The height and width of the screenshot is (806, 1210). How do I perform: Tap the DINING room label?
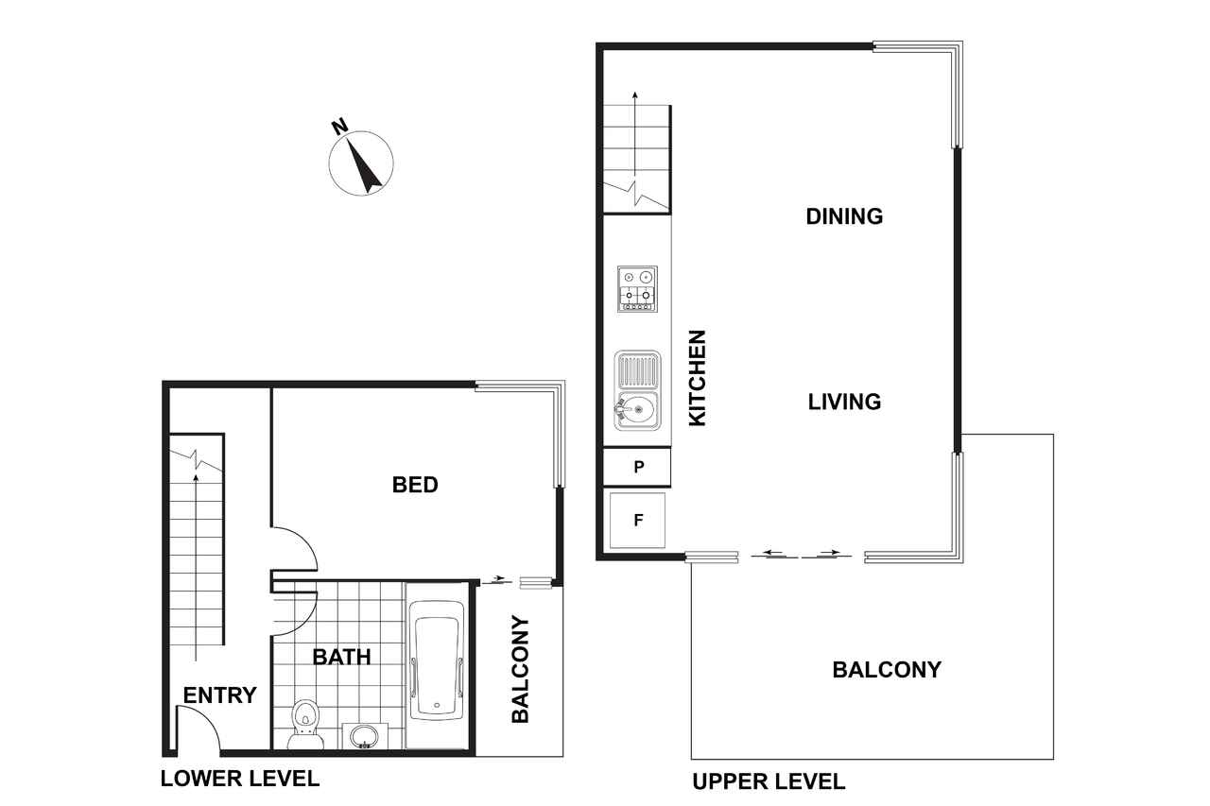[844, 216]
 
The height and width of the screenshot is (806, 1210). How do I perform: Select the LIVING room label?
[844, 402]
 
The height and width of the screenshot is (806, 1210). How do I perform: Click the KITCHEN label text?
[698, 378]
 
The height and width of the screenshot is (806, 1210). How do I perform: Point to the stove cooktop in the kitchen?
[637, 289]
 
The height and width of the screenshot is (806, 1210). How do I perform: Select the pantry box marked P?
[637, 467]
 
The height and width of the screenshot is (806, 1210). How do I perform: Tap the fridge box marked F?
[637, 521]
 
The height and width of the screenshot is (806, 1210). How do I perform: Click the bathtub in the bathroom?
[437, 660]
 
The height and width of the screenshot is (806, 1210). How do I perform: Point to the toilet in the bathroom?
[305, 725]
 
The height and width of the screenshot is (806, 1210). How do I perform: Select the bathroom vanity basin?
[365, 736]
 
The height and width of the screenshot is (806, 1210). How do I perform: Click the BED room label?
[415, 485]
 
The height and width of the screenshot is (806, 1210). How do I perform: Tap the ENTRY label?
[220, 695]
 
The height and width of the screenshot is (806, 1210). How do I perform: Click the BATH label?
[342, 657]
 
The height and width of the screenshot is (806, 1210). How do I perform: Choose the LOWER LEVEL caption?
[240, 779]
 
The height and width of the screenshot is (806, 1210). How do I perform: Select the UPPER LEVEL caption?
[769, 781]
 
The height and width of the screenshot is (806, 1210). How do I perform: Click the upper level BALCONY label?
[887, 670]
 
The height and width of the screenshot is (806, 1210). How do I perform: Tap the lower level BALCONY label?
[521, 669]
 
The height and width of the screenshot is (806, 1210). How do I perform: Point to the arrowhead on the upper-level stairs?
[635, 95]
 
